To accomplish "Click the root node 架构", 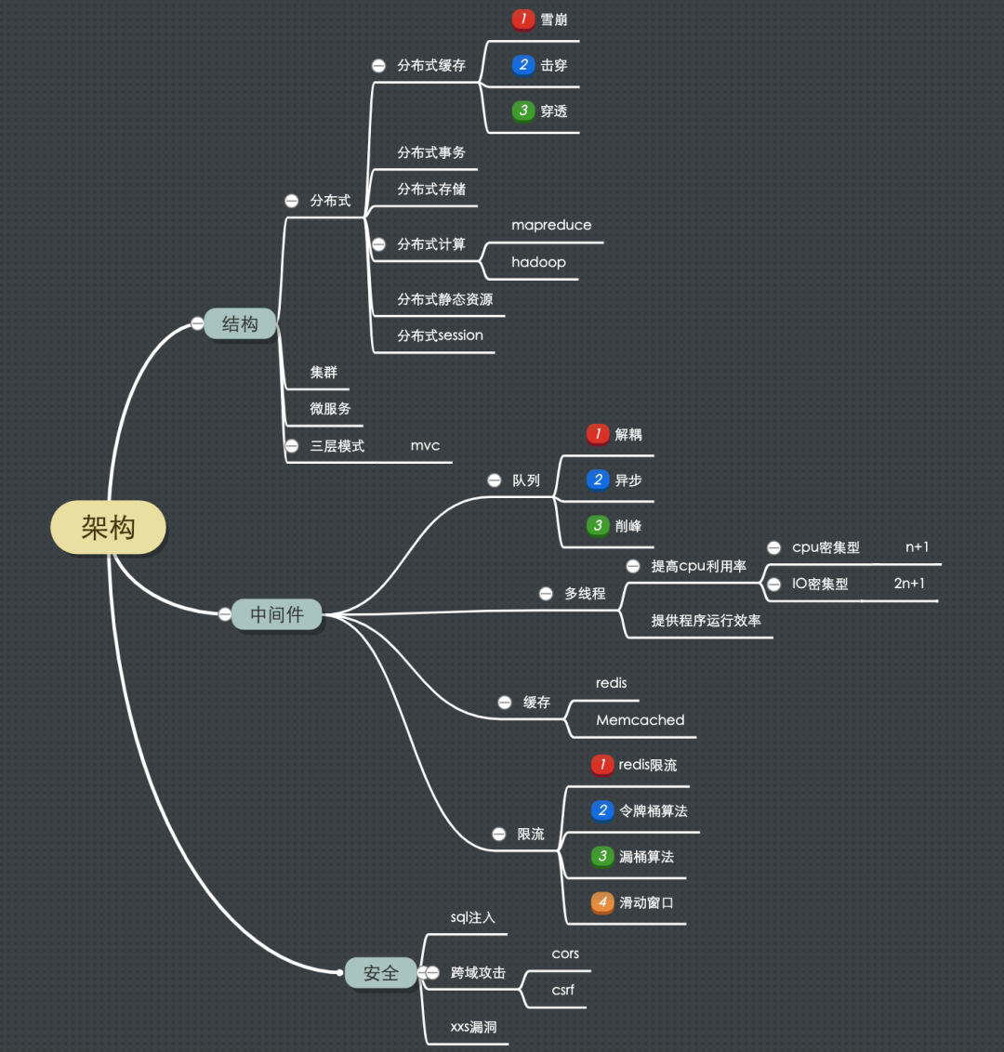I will click(108, 528).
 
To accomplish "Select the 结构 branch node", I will click(240, 324).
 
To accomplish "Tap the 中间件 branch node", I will click(277, 614).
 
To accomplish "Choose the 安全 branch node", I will click(381, 973).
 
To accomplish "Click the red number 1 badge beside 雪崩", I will click(523, 20).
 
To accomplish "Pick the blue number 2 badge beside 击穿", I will click(523, 65).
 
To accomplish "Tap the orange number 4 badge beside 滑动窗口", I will click(602, 902).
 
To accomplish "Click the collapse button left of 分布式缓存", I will click(378, 66).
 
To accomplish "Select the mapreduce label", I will click(551, 225).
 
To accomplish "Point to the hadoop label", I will click(538, 262).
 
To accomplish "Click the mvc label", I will click(425, 446).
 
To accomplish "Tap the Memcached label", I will click(641, 720).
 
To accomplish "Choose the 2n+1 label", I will click(909, 584).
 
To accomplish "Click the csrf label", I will click(563, 991).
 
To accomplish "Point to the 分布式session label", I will click(440, 335).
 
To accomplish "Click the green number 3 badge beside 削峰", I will click(598, 526).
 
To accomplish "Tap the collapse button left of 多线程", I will click(546, 594).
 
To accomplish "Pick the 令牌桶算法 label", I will click(654, 811).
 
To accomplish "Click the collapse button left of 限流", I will click(499, 835).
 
